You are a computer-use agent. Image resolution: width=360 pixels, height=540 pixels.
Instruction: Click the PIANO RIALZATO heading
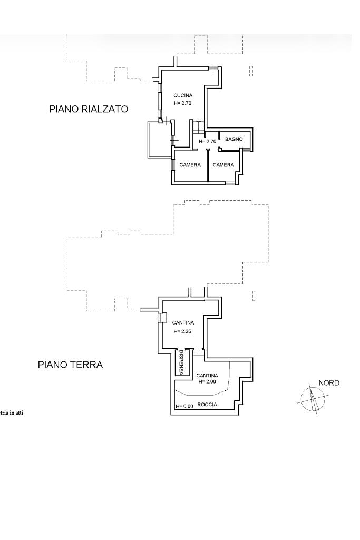coord(89,109)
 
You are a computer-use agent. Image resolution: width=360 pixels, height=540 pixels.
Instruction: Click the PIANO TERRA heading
coord(70,365)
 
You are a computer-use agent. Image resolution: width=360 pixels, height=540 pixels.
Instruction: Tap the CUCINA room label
coord(183,95)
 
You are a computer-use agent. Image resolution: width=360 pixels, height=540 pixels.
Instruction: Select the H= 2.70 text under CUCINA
coord(182,103)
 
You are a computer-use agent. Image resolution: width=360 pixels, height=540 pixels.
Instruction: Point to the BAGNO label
coord(234,139)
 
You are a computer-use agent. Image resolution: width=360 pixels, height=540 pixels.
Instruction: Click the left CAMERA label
coord(190,165)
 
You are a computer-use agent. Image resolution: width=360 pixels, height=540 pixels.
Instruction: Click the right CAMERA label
coord(223,165)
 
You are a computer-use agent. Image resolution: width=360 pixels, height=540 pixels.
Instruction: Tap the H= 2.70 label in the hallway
coord(208,141)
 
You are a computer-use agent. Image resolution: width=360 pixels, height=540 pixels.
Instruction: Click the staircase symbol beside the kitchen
coord(198,127)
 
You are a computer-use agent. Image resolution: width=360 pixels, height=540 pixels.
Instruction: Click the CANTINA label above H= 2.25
coord(183,323)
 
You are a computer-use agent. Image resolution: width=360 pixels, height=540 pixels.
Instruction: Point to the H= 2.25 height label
coord(182,332)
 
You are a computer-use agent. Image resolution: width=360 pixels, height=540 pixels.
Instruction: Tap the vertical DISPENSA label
coord(181,362)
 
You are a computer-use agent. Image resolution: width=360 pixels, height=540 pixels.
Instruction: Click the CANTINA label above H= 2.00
coord(207,376)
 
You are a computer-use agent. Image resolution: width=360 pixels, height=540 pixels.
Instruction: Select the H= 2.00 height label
coord(207,381)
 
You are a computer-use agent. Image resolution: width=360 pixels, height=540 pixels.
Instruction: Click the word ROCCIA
coord(207,405)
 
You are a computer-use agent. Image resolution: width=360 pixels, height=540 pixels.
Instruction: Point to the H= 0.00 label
coord(184,406)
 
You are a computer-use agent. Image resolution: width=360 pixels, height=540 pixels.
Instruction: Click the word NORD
coord(329,383)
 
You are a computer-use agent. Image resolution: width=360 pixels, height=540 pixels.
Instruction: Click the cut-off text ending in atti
coord(12,413)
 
